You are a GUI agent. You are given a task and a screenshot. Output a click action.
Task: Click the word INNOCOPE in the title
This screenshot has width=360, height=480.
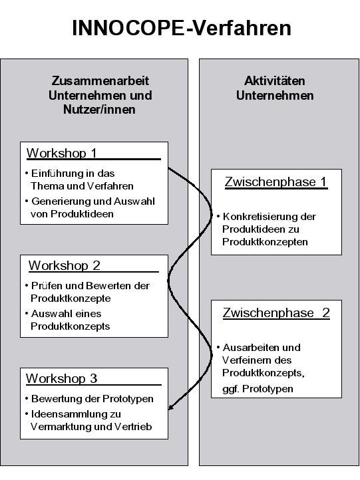click(x=128, y=28)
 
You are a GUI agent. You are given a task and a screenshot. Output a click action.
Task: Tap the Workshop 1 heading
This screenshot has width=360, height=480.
click(x=62, y=153)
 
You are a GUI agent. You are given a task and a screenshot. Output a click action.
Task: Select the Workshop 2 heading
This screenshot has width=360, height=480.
click(x=65, y=265)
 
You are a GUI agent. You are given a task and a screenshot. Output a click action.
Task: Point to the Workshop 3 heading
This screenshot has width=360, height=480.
click(x=62, y=378)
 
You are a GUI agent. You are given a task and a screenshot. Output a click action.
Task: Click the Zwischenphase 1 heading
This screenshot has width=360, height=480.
click(x=275, y=181)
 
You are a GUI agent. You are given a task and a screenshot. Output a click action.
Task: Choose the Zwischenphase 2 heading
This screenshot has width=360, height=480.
click(x=276, y=313)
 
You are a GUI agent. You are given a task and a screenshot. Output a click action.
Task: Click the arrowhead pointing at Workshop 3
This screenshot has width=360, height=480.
click(x=171, y=407)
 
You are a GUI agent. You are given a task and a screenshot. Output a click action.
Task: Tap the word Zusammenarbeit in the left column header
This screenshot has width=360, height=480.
click(x=100, y=81)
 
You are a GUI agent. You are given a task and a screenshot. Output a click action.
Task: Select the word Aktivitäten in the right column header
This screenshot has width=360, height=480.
click(x=275, y=81)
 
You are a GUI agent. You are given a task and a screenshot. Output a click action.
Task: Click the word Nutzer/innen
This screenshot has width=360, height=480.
click(x=99, y=110)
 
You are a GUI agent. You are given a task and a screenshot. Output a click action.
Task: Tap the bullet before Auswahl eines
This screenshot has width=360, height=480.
click(x=27, y=313)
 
